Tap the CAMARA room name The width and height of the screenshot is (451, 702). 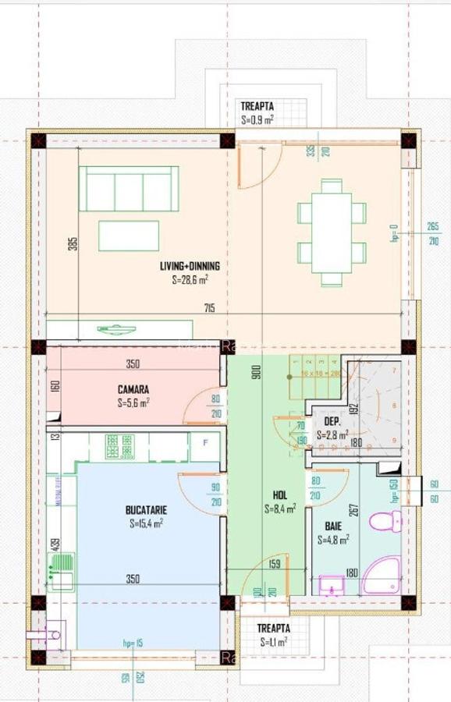tap(133, 389)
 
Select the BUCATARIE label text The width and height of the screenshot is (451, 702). tap(147, 510)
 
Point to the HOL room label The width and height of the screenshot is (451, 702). tap(280, 495)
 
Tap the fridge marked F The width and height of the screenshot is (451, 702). tap(205, 443)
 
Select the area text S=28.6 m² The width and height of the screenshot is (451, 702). tap(190, 278)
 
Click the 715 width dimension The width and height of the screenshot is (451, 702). tap(209, 308)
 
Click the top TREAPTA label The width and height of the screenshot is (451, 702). tap(257, 107)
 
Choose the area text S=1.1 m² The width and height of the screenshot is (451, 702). tap(274, 643)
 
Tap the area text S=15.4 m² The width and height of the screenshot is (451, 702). tap(145, 523)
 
